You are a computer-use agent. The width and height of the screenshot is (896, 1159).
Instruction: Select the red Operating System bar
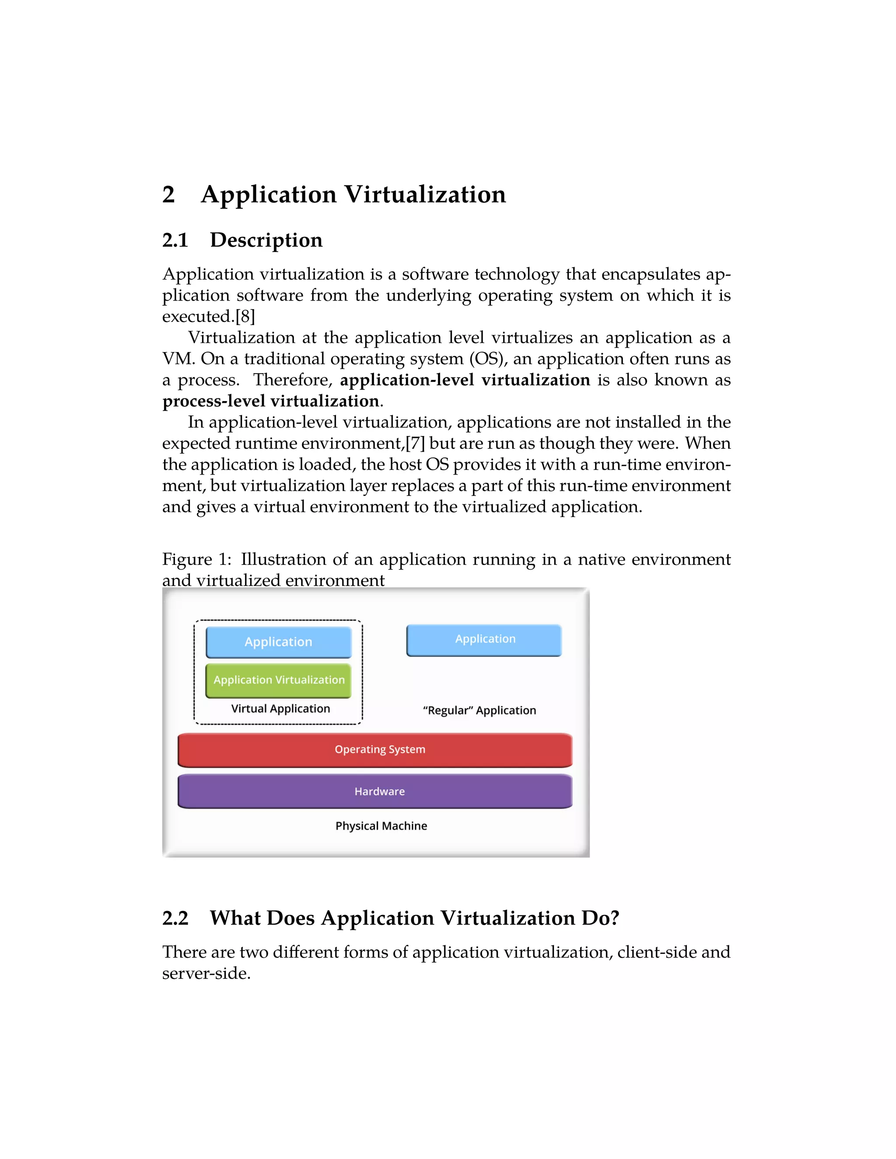375,749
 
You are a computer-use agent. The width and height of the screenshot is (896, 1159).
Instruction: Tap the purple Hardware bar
375,791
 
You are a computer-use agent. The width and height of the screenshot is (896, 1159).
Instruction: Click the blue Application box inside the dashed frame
279,642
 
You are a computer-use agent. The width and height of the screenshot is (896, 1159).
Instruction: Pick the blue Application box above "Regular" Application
484,639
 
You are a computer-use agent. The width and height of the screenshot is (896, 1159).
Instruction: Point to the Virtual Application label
280,709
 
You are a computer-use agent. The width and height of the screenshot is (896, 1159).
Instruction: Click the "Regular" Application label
479,711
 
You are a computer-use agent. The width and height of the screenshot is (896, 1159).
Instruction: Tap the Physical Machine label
381,826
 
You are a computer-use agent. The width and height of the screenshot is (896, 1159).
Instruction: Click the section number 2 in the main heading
168,194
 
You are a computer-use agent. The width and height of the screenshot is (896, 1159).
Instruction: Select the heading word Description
266,240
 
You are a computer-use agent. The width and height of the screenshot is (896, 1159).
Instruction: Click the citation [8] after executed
245,316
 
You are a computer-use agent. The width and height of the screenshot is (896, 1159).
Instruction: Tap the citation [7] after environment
415,443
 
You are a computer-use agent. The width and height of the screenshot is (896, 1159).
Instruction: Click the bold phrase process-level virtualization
271,401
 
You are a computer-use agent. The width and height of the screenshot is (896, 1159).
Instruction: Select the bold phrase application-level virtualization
465,380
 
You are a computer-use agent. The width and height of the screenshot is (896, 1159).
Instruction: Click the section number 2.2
175,918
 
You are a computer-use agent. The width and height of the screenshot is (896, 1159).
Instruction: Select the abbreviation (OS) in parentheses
488,359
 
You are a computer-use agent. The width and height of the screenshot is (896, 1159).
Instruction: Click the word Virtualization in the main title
425,194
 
